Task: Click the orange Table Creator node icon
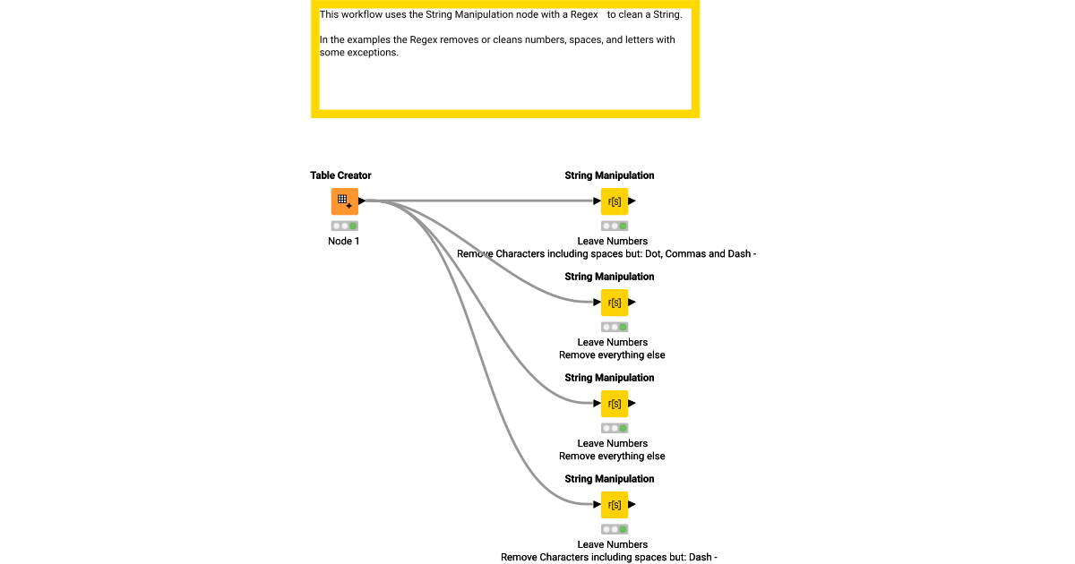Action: click(x=344, y=201)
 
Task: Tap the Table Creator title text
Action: click(x=340, y=175)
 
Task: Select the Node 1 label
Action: click(x=344, y=241)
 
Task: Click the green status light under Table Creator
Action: click(x=353, y=226)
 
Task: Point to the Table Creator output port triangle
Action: click(x=362, y=201)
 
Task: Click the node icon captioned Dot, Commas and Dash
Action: click(x=614, y=201)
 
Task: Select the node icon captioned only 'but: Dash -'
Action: click(x=614, y=505)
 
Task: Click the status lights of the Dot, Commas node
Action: click(x=614, y=226)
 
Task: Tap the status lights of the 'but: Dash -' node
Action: click(x=614, y=529)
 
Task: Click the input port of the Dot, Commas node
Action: click(x=597, y=201)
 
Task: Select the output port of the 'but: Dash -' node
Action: click(x=632, y=505)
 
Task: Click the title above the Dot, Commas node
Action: click(x=609, y=175)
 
